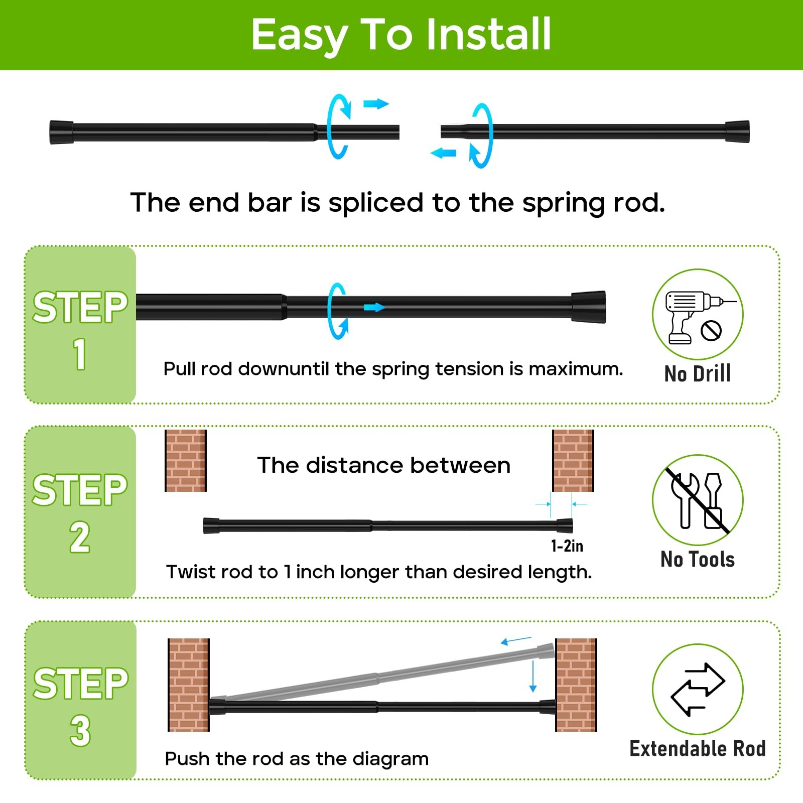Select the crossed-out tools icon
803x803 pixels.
click(x=698, y=500)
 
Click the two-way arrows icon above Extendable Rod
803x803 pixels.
click(x=698, y=689)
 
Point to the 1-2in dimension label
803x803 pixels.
click(x=567, y=546)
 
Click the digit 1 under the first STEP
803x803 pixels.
click(x=80, y=354)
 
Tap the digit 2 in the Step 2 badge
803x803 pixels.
click(x=80, y=537)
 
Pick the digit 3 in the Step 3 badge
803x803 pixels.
click(x=80, y=730)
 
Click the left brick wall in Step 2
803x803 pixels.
click(x=186, y=460)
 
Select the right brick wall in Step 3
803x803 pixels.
click(x=576, y=685)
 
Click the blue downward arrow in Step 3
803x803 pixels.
click(x=533, y=677)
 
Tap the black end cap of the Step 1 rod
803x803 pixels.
click(x=589, y=307)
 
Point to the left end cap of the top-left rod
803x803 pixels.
click(x=61, y=132)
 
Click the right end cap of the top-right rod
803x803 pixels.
click(x=737, y=132)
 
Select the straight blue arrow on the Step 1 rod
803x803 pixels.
click(x=374, y=307)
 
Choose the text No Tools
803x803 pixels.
click(x=698, y=559)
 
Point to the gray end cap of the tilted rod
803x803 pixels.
click(x=546, y=651)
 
